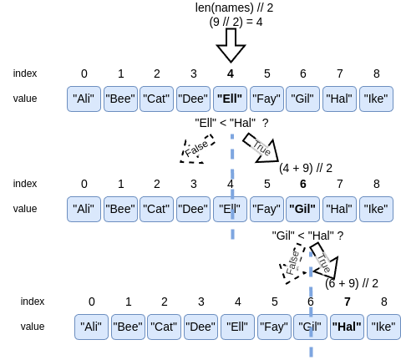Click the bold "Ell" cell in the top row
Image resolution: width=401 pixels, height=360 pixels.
tap(230, 99)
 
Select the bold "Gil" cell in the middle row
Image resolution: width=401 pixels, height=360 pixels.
tap(302, 209)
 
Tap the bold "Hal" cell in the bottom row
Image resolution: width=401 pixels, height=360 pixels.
tap(348, 327)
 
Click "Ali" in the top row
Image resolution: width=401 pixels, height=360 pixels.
tap(84, 99)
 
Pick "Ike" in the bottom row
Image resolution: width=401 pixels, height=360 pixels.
tap(383, 327)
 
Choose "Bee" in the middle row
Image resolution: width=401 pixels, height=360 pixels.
tap(120, 209)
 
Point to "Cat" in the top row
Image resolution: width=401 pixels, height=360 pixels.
tap(156, 99)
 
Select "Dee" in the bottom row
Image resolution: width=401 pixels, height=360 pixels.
tap(200, 327)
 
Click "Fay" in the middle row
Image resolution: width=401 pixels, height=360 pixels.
tap(266, 209)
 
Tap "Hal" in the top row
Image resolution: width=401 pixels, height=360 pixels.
tap(339, 99)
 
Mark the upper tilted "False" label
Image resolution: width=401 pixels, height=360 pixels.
tap(196, 150)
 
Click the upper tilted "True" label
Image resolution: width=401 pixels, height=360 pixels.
tap(261, 149)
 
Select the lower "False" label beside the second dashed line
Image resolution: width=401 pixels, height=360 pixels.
tap(293, 262)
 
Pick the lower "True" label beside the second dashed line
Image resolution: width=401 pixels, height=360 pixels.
tap(323, 263)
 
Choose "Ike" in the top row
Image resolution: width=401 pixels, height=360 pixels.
tap(376, 99)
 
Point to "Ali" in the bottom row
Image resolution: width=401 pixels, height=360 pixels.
tap(91, 327)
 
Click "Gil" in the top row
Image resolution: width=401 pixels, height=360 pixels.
tap(302, 99)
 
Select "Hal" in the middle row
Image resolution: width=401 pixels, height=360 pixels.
tap(339, 209)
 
